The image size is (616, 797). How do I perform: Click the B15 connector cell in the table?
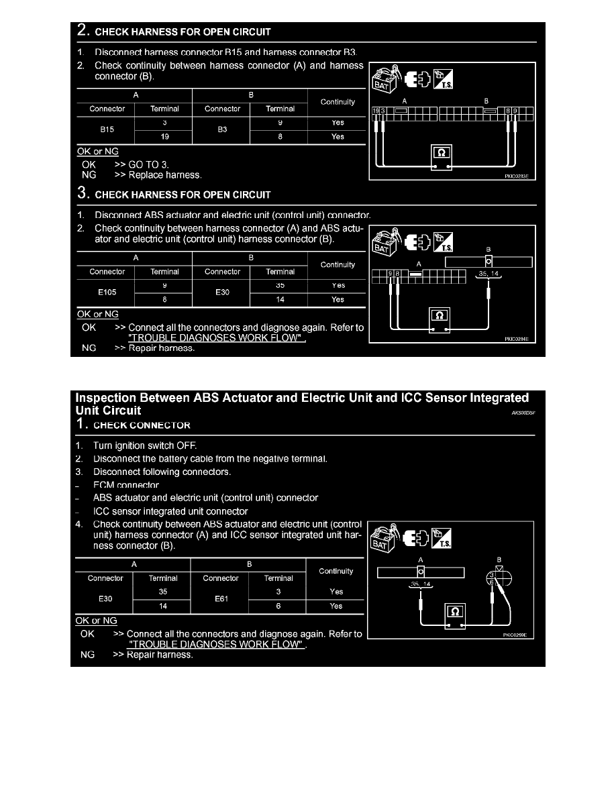tap(107, 129)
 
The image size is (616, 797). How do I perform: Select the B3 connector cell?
tap(222, 129)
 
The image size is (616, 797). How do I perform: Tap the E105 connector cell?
tap(107, 293)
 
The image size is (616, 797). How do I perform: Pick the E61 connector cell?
tap(221, 599)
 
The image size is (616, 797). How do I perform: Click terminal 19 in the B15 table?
tap(164, 137)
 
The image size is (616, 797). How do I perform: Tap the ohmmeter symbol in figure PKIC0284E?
tap(440, 315)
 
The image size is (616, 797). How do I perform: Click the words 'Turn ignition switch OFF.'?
tap(145, 445)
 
